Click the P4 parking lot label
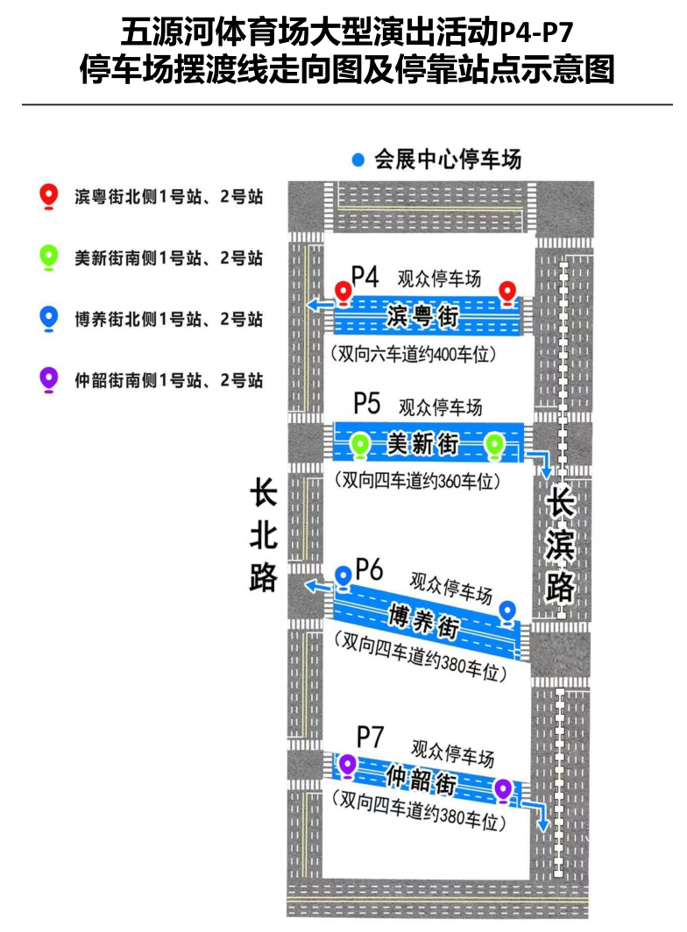[x=365, y=278]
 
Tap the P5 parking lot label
[x=367, y=404]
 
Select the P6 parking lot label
[x=370, y=570]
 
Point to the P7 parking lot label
[x=371, y=736]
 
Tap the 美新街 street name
[x=424, y=445]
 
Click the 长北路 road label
[x=263, y=535]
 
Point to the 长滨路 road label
[x=560, y=544]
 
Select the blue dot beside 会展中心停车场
[x=358, y=161]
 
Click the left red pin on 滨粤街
[x=344, y=292]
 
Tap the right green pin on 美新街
[x=495, y=445]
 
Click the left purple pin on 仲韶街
[x=348, y=765]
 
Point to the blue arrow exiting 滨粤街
[x=319, y=304]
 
